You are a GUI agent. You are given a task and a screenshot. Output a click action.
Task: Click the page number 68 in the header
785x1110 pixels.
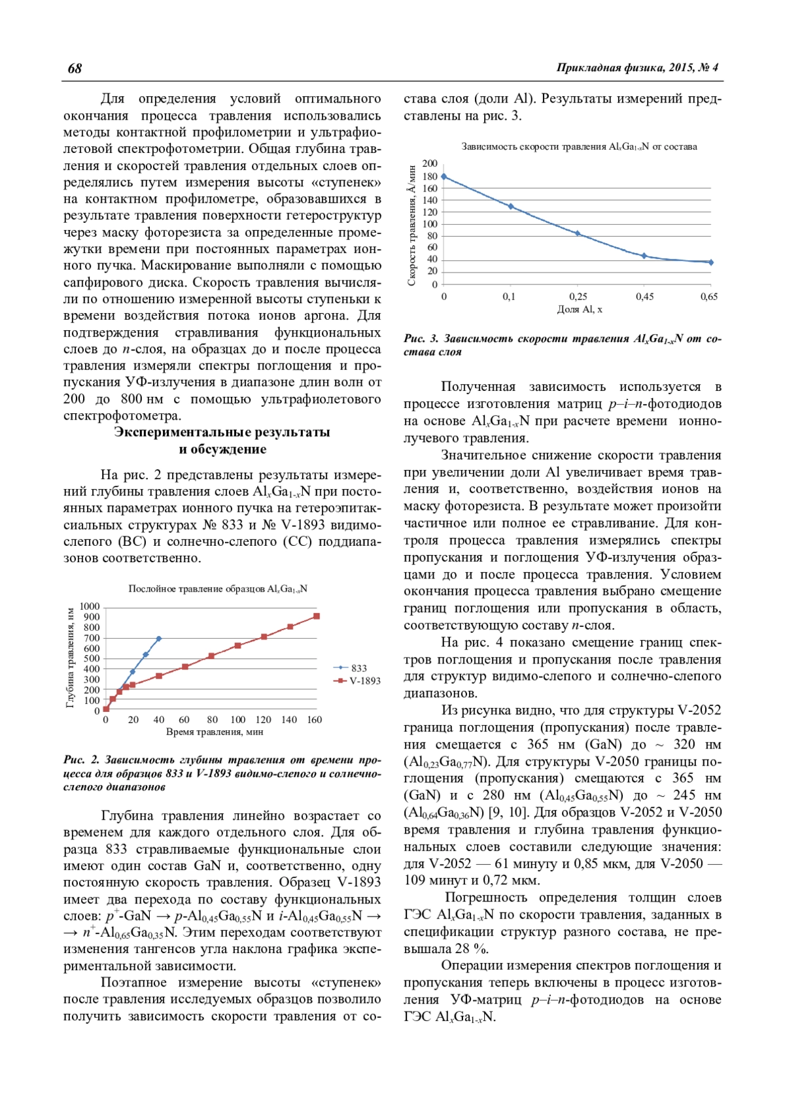point(75,69)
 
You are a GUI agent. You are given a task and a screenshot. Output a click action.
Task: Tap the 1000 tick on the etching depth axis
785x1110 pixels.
point(90,607)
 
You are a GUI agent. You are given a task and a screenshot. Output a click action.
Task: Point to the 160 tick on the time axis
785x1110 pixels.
point(315,720)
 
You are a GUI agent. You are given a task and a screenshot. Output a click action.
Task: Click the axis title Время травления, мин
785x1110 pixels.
point(215,732)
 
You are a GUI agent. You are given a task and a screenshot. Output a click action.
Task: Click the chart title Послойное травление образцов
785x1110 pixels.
point(217,589)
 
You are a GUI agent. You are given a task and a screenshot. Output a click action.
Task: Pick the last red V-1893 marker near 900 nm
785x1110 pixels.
point(317,616)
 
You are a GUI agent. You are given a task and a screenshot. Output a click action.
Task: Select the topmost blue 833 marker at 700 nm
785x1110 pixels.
point(159,638)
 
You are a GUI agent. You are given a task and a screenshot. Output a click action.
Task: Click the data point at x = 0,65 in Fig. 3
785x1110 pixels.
point(711,263)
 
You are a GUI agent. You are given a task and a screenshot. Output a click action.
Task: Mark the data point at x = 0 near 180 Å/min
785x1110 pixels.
point(444,177)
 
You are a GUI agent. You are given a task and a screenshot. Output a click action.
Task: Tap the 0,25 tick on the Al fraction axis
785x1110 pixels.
point(578,297)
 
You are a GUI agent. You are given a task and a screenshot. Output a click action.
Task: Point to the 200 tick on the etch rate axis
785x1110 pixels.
point(430,163)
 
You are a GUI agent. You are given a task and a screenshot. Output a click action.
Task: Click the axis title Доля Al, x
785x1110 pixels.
point(579,309)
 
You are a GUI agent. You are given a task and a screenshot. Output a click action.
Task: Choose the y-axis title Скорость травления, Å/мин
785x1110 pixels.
point(412,225)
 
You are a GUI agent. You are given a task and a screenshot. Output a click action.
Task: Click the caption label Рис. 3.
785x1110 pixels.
point(421,339)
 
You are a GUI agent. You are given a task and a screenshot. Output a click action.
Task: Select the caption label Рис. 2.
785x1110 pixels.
point(81,760)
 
